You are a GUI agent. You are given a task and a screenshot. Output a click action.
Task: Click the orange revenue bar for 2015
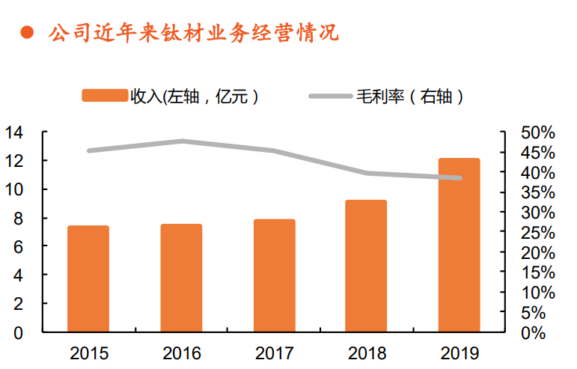(x=88, y=278)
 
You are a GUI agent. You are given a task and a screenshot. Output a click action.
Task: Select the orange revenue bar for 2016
(x=181, y=278)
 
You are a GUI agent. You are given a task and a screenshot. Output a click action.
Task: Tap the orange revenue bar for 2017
(x=274, y=275)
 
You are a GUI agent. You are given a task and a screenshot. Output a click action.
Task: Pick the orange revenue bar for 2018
(x=366, y=266)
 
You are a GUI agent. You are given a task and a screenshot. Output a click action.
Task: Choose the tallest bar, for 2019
(x=459, y=245)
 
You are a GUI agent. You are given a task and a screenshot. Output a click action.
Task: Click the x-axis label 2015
(x=88, y=353)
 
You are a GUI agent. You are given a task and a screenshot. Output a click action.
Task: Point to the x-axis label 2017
(x=274, y=353)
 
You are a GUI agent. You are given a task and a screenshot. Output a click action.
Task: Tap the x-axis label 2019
(x=459, y=353)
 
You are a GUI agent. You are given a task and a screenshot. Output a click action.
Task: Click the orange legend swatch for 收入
(x=105, y=96)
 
